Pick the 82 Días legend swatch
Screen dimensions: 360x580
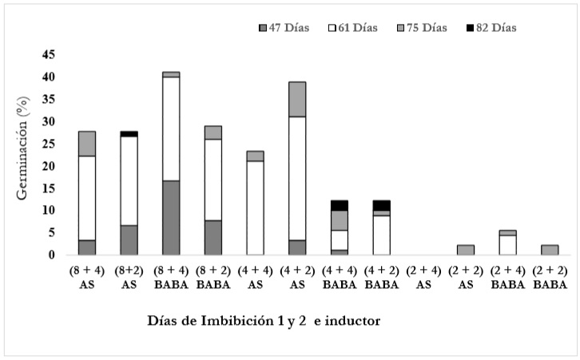pos(468,28)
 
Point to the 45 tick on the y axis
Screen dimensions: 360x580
pos(50,54)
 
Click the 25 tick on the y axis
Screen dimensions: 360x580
pos(50,144)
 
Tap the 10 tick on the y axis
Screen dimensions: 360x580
pos(50,211)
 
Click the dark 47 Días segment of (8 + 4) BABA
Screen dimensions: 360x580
pos(171,218)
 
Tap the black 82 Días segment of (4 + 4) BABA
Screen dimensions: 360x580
pos(340,205)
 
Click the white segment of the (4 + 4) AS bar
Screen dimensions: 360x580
pos(256,208)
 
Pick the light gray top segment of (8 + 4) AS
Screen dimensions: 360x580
pos(86,144)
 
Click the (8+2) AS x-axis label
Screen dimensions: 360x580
pos(129,277)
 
